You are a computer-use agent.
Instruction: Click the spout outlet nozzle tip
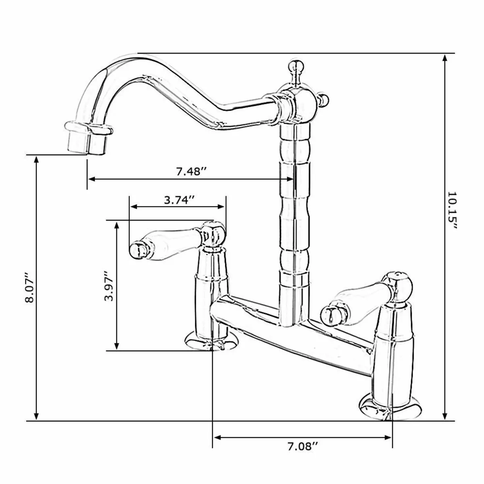coord(88,142)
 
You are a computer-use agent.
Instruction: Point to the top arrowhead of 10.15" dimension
coord(445,58)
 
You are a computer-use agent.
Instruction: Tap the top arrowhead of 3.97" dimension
coord(117,225)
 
